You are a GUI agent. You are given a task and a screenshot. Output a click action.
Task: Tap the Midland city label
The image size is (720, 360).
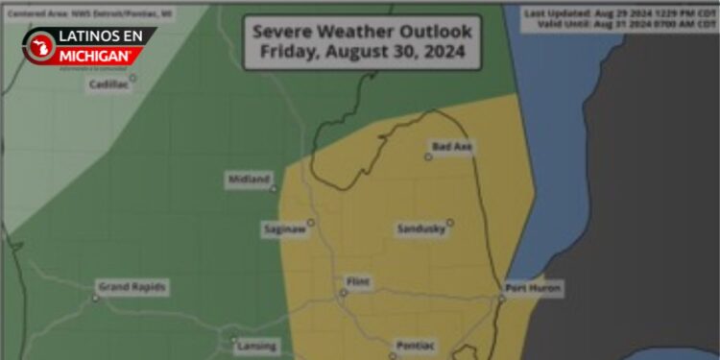coord(249,180)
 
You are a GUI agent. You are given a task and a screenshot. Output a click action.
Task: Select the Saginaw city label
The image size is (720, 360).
coord(284,228)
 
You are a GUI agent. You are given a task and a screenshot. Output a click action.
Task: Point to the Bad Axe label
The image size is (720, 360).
coord(451,146)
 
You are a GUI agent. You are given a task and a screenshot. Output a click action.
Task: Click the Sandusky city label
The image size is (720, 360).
coord(420,228)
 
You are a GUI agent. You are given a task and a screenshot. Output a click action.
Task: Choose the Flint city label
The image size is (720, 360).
coord(357,281)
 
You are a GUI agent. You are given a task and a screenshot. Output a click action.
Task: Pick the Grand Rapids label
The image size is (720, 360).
coord(132,287)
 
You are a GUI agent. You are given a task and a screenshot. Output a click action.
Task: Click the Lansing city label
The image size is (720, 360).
coord(256,346)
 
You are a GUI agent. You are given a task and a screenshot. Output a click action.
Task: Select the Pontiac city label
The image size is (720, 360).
coord(417,346)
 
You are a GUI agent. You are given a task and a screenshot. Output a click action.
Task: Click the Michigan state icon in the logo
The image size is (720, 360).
coord(39,46)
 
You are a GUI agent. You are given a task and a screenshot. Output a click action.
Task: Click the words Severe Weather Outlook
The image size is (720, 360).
coord(362,31)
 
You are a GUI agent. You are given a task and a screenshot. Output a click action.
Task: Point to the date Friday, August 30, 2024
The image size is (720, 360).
coord(362,53)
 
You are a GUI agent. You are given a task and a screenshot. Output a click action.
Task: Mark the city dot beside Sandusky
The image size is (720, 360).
coord(449,222)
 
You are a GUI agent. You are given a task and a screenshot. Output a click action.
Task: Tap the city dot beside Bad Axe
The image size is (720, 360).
coord(429,156)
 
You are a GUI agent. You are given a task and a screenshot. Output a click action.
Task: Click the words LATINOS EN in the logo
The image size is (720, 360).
coord(101,36)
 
